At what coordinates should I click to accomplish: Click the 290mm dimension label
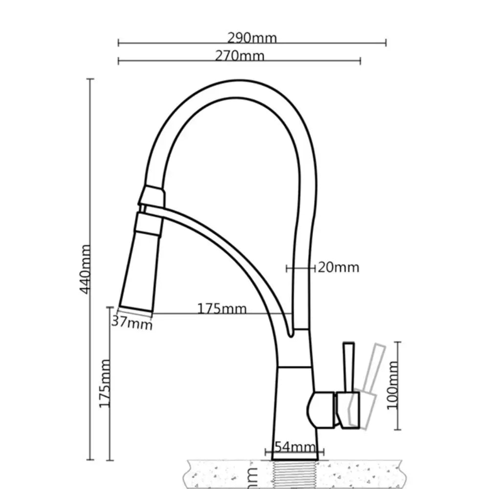click(x=252, y=38)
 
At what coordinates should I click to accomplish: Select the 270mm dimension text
click(x=240, y=56)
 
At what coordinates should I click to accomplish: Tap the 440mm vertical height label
click(x=85, y=269)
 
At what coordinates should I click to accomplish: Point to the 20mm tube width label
click(x=338, y=267)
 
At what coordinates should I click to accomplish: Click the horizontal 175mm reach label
click(x=222, y=309)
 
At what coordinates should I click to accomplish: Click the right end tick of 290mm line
click(x=386, y=43)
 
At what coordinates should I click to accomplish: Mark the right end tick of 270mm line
click(x=360, y=61)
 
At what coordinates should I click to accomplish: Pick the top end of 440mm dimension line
click(x=90, y=79)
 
